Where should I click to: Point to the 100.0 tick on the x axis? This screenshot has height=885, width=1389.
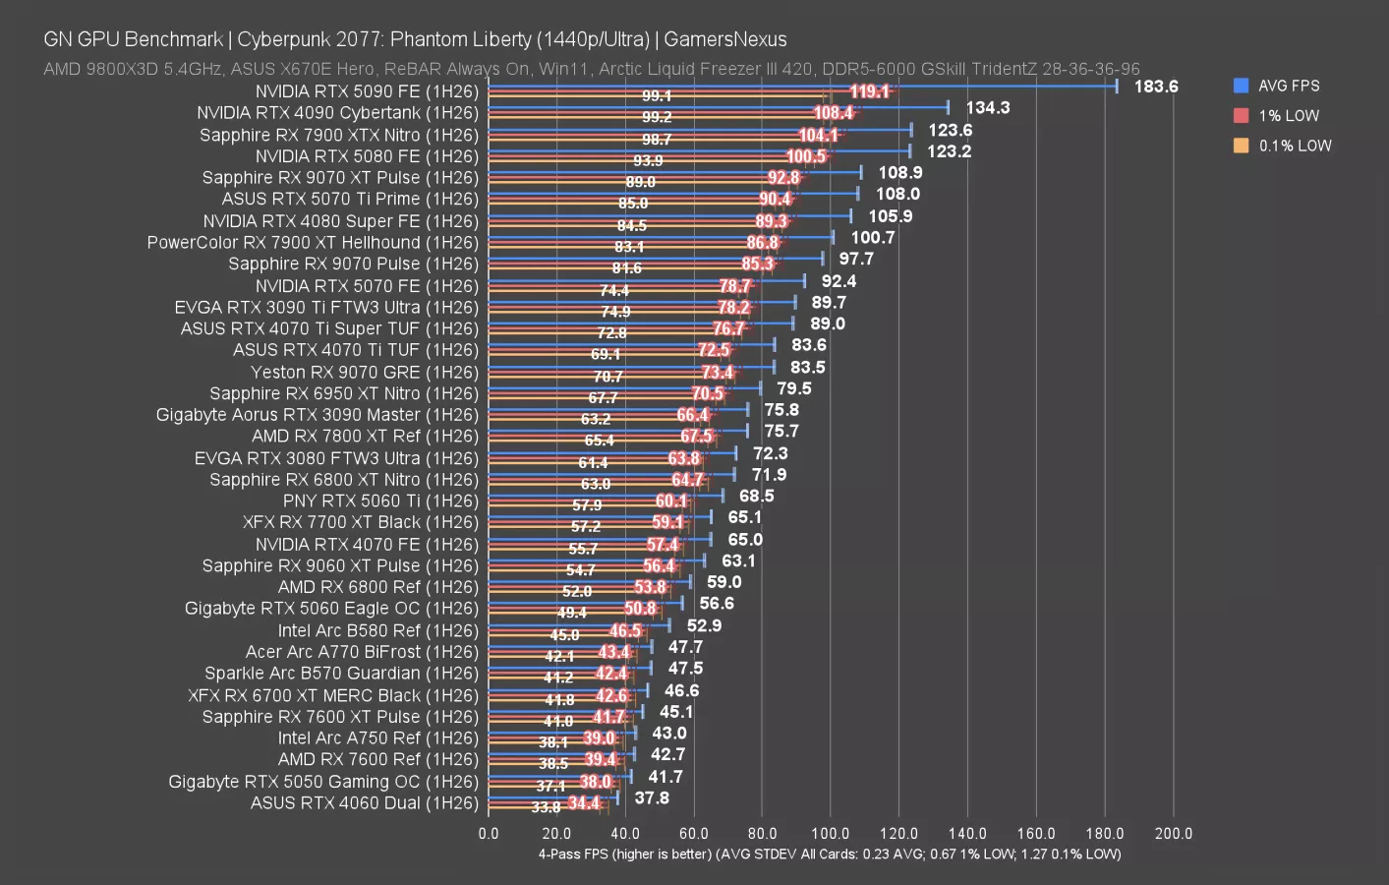click(831, 834)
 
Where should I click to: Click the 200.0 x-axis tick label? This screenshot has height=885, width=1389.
click(1173, 834)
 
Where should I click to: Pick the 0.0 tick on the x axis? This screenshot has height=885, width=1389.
click(489, 834)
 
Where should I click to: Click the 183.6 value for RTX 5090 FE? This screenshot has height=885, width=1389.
click(1156, 87)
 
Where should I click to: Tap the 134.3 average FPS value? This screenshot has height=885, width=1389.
click(987, 108)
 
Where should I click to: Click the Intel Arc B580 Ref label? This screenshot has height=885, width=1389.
click(377, 630)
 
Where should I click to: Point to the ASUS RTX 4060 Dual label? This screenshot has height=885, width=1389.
click(364, 803)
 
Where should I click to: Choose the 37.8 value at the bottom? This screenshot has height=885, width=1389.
click(652, 798)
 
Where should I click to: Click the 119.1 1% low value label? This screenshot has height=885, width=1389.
click(869, 91)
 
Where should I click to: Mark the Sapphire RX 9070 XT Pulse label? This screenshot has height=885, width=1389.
click(340, 178)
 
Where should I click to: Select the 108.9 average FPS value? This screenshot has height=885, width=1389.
click(899, 173)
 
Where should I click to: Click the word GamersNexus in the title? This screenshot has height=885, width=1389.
click(724, 39)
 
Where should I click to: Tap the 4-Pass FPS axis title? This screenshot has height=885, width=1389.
click(829, 854)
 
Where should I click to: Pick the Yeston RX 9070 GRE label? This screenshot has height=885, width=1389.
click(364, 372)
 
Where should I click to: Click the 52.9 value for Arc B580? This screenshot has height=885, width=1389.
click(704, 625)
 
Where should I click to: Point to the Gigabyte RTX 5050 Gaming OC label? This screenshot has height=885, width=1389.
click(323, 782)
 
